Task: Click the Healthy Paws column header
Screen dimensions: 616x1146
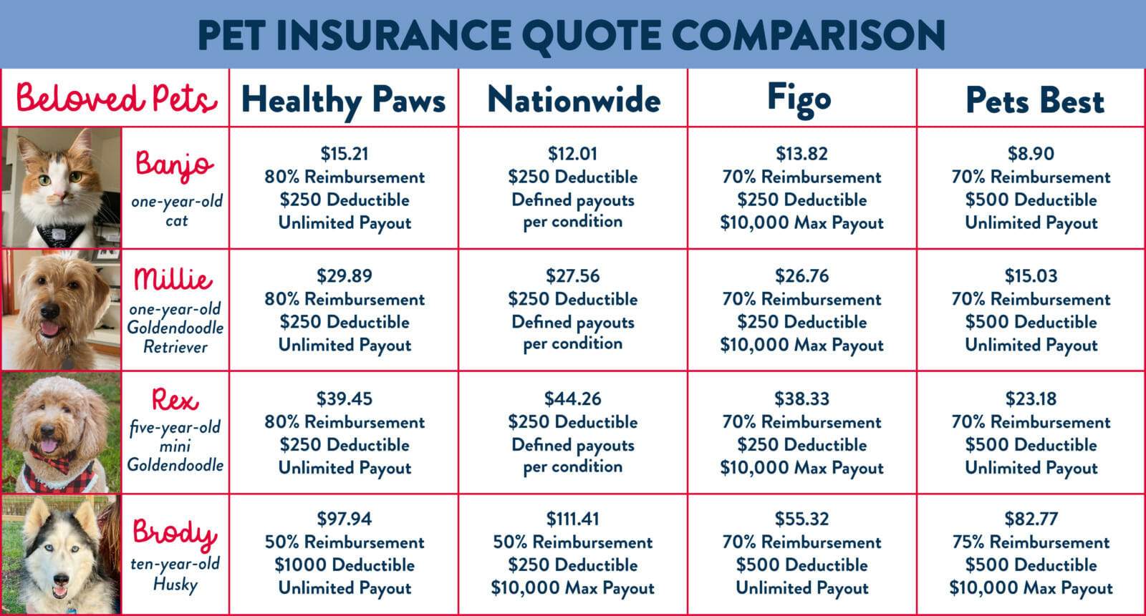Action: (x=344, y=99)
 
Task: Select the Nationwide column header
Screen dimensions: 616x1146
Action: (x=573, y=99)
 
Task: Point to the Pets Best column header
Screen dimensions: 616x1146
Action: (x=1034, y=100)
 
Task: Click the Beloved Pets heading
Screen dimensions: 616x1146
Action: (x=116, y=98)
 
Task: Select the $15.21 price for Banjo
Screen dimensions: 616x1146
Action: (x=345, y=153)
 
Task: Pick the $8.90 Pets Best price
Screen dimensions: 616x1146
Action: (x=1031, y=153)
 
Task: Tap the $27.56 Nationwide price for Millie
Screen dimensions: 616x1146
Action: (x=573, y=276)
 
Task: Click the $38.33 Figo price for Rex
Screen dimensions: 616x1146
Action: (x=801, y=399)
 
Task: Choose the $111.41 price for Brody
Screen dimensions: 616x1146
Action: (x=573, y=519)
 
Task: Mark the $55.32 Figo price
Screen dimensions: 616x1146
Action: (x=801, y=519)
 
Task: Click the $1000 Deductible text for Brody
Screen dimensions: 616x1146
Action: (x=345, y=565)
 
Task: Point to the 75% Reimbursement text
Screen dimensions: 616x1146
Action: (x=1031, y=542)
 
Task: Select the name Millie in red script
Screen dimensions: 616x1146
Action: (x=173, y=279)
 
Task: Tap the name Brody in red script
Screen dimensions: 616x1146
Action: (x=175, y=532)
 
